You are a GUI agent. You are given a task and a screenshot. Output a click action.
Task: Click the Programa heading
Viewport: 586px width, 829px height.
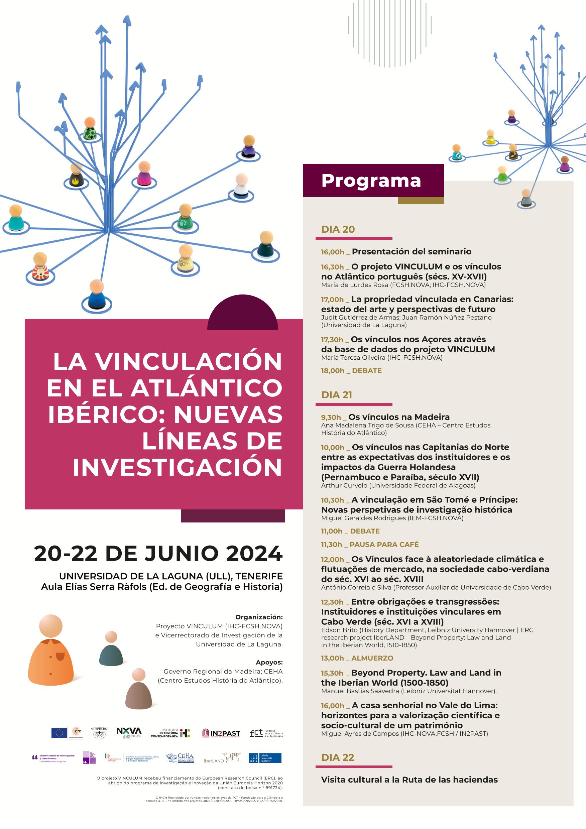pyautogui.click(x=371, y=181)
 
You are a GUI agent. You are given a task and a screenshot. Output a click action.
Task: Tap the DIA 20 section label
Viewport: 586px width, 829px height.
pyautogui.click(x=338, y=229)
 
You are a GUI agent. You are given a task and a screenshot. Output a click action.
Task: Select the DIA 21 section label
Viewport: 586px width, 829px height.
pyautogui.click(x=337, y=395)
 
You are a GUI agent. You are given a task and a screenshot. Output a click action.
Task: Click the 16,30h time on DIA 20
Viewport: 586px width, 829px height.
pyautogui.click(x=333, y=267)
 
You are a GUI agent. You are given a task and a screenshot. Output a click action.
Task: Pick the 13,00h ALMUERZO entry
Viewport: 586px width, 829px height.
pyautogui.click(x=357, y=658)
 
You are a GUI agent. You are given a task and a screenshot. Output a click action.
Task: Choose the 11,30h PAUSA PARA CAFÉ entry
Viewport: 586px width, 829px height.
pyautogui.click(x=370, y=545)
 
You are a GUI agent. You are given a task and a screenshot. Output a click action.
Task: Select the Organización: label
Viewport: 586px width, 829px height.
pyautogui.click(x=259, y=617)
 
